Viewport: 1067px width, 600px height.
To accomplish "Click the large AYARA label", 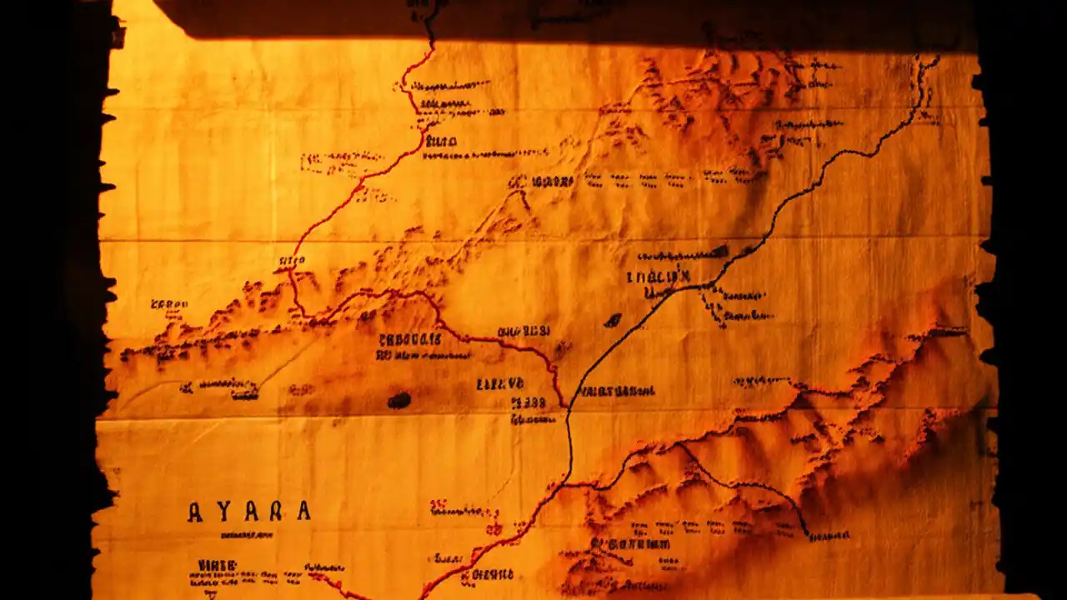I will [248, 511].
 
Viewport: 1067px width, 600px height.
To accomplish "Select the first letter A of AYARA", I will [194, 512].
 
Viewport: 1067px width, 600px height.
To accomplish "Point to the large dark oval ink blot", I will [399, 401].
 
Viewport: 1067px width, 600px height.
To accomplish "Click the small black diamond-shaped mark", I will [614, 320].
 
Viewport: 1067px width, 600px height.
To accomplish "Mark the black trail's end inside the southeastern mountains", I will [805, 531].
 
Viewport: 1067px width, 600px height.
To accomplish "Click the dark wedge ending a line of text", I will [719, 251].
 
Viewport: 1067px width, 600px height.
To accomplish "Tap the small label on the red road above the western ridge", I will [291, 261].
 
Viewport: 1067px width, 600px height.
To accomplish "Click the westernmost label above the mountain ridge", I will [169, 304].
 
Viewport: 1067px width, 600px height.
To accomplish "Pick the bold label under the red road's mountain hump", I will [410, 339].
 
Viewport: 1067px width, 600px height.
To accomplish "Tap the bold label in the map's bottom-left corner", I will [217, 566].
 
